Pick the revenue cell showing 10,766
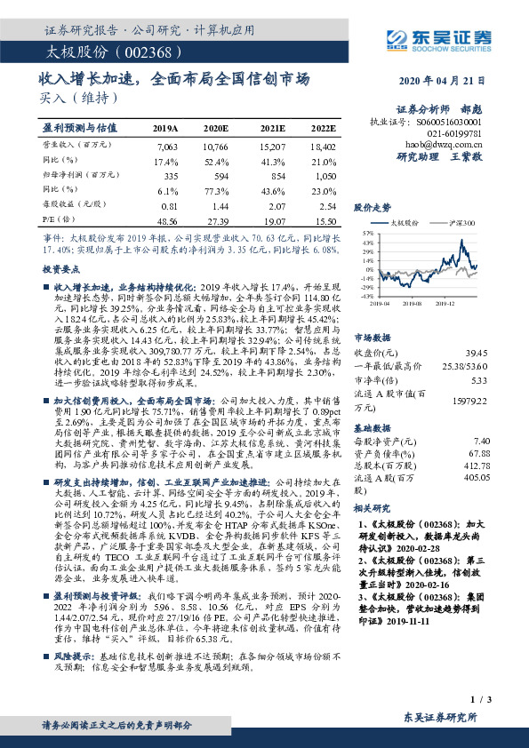218,144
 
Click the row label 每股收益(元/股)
71,205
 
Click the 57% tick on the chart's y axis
368,232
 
